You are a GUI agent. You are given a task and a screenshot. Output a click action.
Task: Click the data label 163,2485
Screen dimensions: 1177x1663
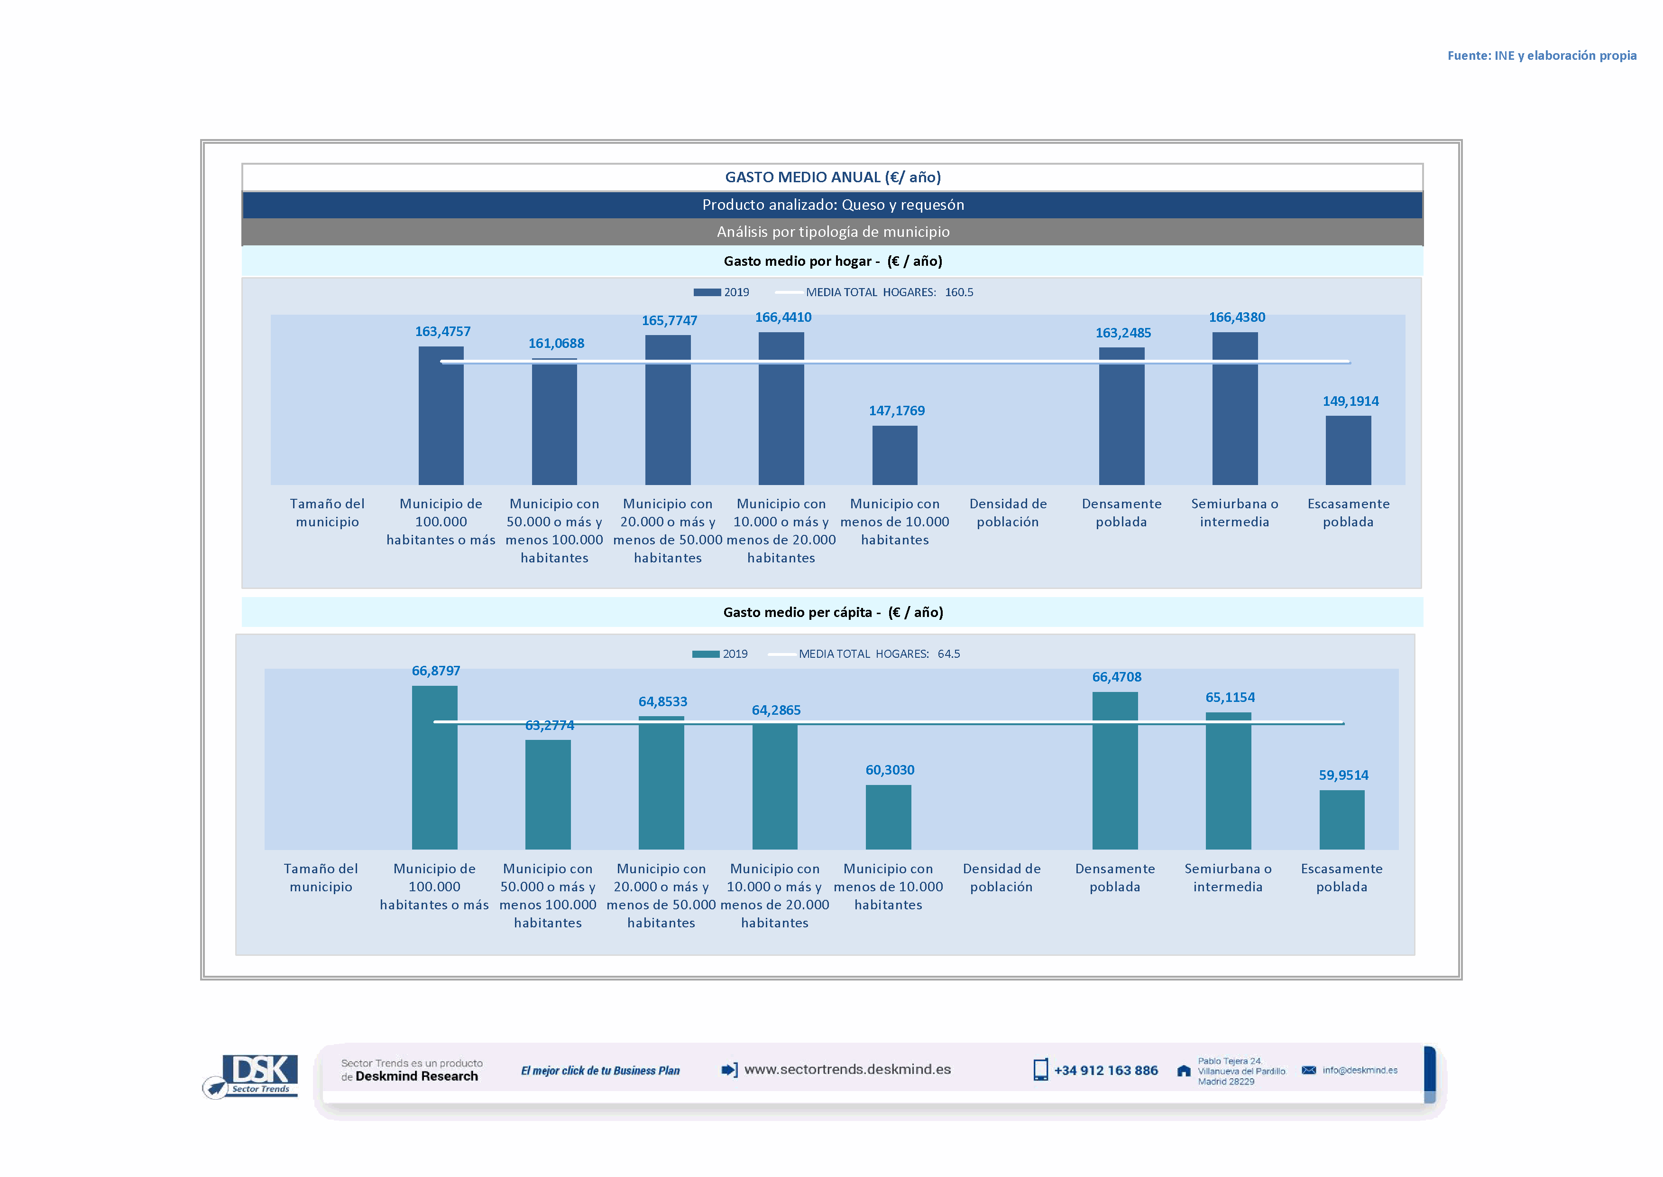pos(1123,333)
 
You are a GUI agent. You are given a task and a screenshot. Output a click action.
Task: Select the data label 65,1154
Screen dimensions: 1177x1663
pos(1230,697)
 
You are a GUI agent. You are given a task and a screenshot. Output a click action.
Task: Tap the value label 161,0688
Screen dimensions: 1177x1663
pos(556,344)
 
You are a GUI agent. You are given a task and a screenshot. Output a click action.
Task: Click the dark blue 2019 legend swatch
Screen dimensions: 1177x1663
pos(707,292)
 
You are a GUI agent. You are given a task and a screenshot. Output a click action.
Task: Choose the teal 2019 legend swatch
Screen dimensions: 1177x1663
pos(706,654)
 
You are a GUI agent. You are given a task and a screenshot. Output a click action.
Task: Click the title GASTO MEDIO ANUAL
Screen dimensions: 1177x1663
pos(833,177)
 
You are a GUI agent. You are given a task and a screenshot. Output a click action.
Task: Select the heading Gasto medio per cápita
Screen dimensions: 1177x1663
pos(833,612)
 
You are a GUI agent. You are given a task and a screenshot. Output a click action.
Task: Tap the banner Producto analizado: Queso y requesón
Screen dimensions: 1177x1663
pos(833,205)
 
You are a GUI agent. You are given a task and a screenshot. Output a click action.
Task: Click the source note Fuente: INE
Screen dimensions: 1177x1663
pos(1541,56)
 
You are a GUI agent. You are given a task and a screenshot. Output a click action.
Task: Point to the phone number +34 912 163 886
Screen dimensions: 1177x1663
pos(1105,1071)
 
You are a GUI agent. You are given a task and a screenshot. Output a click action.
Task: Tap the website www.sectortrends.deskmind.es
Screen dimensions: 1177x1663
pos(847,1070)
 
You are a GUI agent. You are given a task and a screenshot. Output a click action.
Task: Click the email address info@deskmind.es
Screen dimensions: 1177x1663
pos(1360,1071)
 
